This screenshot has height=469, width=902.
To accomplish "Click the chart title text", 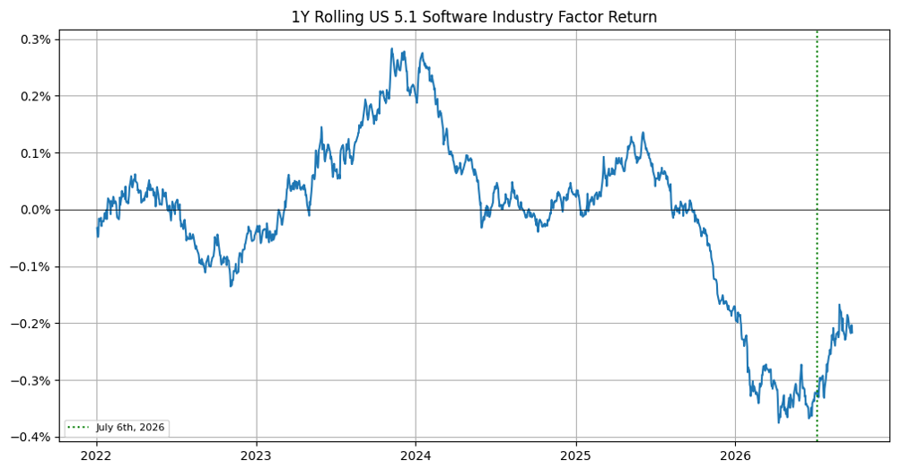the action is coord(474,17).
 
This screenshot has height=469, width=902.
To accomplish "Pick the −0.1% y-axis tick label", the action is coord(33,266).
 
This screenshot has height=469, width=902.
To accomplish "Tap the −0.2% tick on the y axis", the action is coord(33,324).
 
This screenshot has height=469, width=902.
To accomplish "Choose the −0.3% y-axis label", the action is coord(33,380).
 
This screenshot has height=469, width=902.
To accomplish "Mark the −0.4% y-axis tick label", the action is coord(33,438).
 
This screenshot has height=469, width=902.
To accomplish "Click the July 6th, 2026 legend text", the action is coord(130,427).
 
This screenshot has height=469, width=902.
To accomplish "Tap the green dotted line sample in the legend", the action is coord(79,427).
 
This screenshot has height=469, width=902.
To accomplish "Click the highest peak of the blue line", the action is coord(391,48).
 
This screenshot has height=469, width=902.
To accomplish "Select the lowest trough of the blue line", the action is coord(779,423).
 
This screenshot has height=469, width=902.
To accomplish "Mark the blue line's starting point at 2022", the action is coord(97,228).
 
